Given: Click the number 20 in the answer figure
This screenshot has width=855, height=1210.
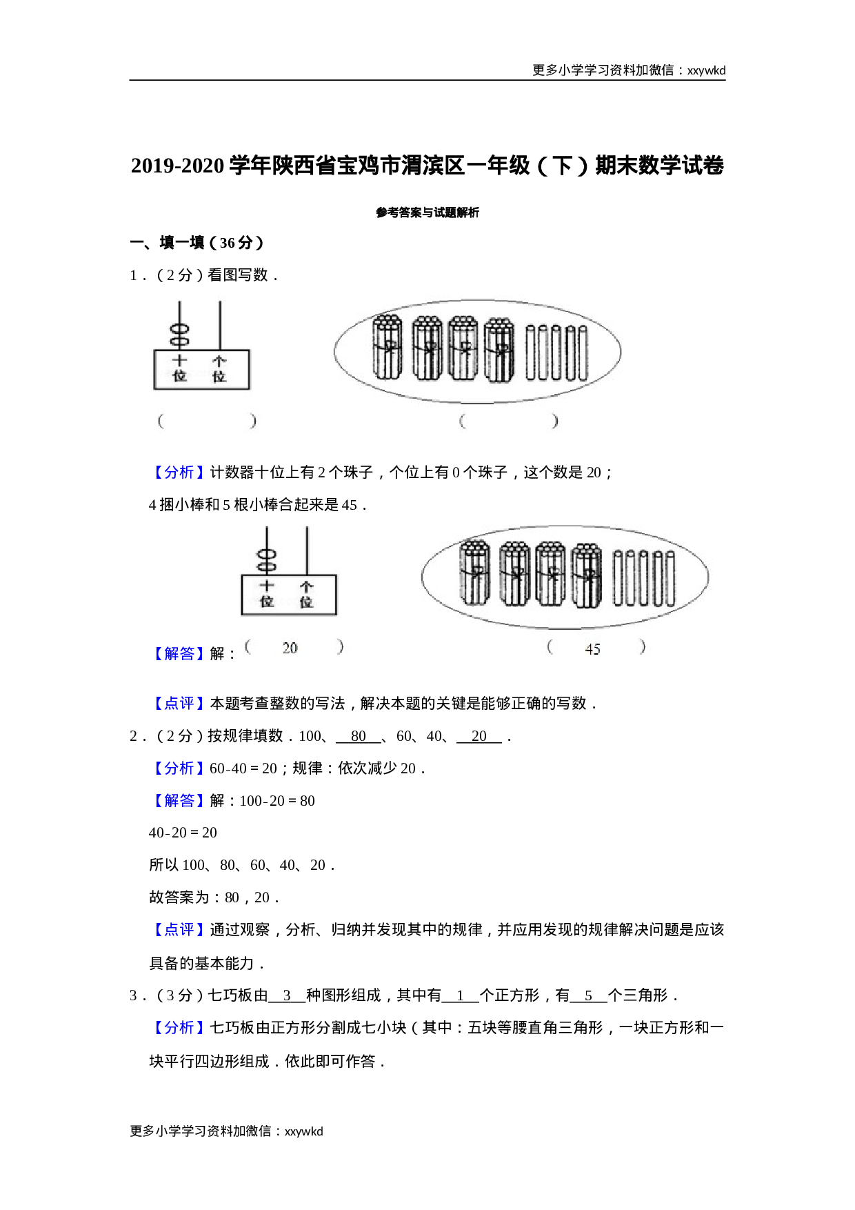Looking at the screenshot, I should (290, 648).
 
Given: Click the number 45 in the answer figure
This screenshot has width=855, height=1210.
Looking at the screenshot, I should (592, 648).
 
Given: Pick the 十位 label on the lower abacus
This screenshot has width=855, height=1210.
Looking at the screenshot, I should (267, 594).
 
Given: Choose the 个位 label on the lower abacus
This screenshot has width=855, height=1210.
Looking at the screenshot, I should (306, 594).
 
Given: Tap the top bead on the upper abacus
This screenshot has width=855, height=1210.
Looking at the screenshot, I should (180, 330).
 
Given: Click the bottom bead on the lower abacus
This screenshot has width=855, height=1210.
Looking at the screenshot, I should (267, 567).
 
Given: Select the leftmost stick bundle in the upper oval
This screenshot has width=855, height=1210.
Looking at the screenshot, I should (387, 348).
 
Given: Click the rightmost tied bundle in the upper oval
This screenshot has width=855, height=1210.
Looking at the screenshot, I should (499, 348).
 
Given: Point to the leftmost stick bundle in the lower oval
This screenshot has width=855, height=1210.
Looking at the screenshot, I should (475, 573).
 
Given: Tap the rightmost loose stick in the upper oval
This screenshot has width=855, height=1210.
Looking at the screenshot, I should (583, 353).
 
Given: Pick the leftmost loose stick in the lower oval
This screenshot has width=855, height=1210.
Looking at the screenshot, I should (618, 578).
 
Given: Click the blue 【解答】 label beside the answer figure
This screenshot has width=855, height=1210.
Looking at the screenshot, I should (179, 653).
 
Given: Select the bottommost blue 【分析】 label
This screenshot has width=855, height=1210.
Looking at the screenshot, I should (179, 1027).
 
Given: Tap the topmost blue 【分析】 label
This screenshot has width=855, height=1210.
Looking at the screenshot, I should (179, 472).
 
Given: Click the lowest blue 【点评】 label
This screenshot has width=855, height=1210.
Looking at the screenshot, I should (179, 929).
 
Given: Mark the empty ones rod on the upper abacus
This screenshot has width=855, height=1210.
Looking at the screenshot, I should (220, 324).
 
